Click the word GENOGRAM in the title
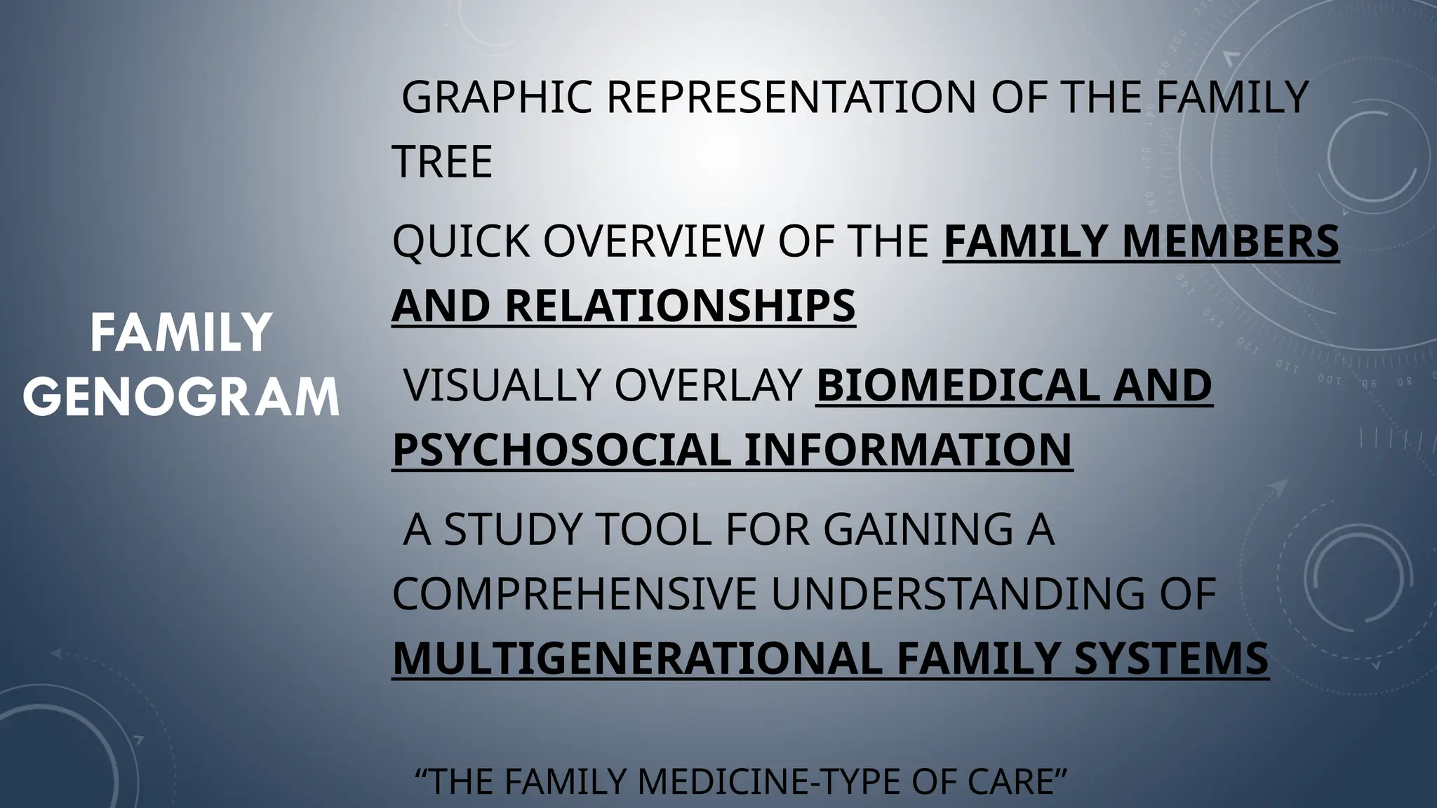(181, 397)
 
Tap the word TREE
(442, 161)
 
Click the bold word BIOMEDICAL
(947, 385)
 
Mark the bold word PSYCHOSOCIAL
(561, 450)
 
